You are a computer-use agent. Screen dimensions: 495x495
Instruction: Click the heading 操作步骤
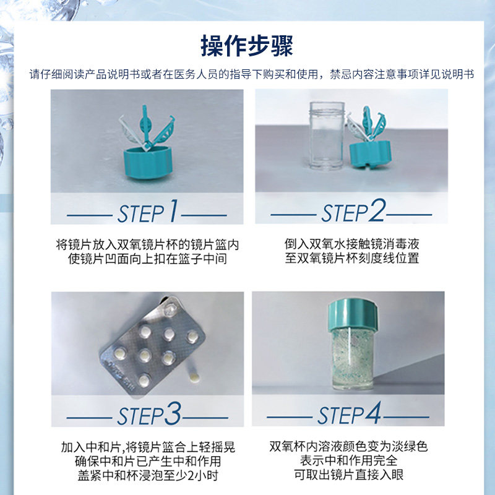tap(247, 46)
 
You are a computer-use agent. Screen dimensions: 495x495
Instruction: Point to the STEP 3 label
tap(148, 415)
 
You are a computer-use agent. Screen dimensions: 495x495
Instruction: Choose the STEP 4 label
tap(350, 415)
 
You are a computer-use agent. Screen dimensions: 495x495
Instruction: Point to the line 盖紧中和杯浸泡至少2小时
tap(148, 476)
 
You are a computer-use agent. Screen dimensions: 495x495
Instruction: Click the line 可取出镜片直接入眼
tap(349, 476)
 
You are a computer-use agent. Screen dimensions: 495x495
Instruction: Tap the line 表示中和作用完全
tap(349, 461)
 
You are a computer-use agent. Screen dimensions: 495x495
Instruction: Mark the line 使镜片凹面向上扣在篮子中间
tap(147, 259)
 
